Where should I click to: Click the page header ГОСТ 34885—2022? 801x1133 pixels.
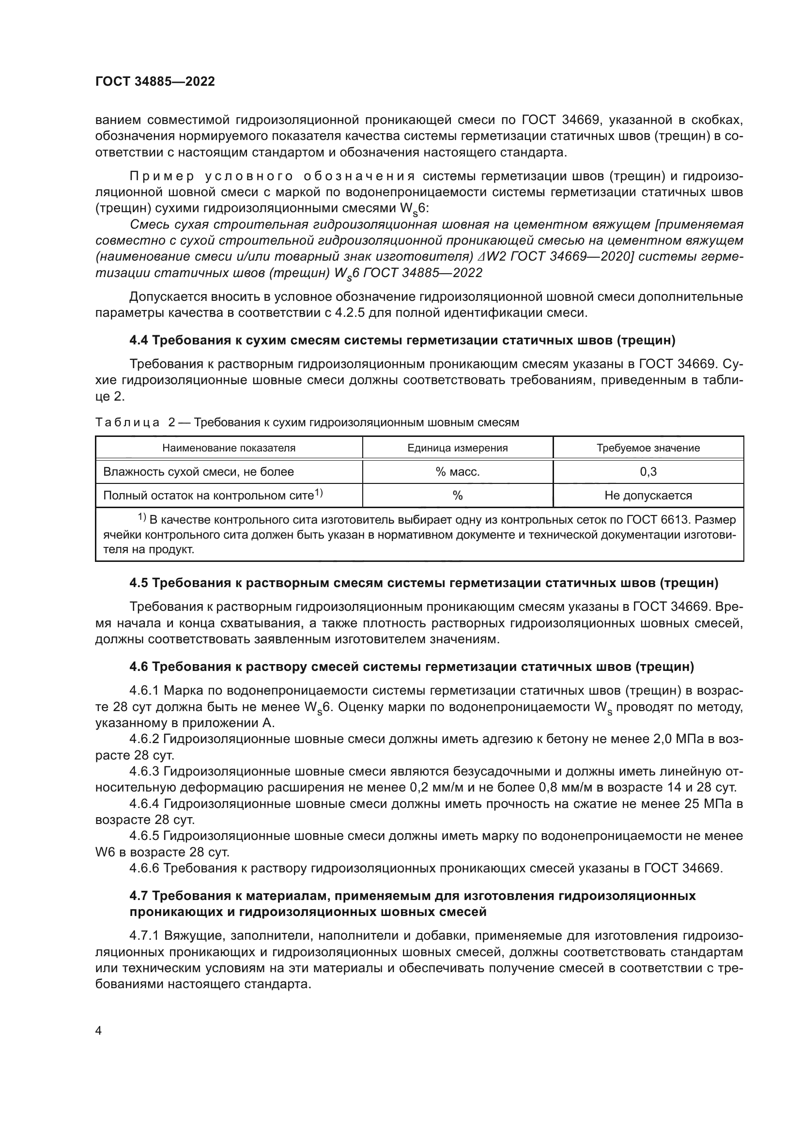click(x=155, y=81)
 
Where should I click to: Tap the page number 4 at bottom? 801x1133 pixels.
click(x=99, y=1031)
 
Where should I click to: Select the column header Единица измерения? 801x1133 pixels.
click(x=457, y=448)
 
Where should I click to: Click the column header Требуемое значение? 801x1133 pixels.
click(x=647, y=448)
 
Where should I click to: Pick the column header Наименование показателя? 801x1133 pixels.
click(x=229, y=448)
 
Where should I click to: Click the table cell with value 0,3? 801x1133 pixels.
click(x=647, y=472)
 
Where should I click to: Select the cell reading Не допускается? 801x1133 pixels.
click(x=647, y=496)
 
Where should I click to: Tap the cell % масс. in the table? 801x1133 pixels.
click(x=457, y=472)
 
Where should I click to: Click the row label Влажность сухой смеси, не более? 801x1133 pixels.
click(x=198, y=472)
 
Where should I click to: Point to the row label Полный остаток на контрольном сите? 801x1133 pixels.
click(x=208, y=496)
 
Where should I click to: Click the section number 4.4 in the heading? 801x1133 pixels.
click(x=139, y=340)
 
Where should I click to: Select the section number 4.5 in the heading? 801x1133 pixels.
click(x=139, y=583)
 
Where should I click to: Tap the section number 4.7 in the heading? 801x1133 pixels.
click(x=139, y=896)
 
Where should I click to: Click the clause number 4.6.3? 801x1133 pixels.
click(x=144, y=771)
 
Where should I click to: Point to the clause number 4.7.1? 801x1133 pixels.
click(x=144, y=936)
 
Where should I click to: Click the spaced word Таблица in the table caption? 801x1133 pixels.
click(x=127, y=422)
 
